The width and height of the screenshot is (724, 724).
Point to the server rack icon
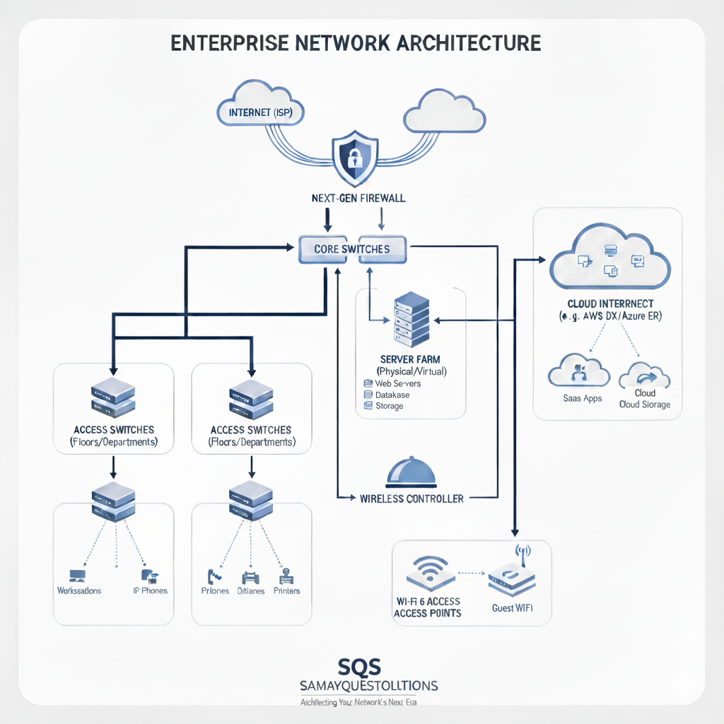click(x=411, y=320)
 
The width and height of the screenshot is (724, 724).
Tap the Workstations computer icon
click(x=76, y=576)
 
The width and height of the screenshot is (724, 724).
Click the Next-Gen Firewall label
click(x=358, y=199)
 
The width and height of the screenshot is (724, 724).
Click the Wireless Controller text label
click(x=411, y=498)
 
